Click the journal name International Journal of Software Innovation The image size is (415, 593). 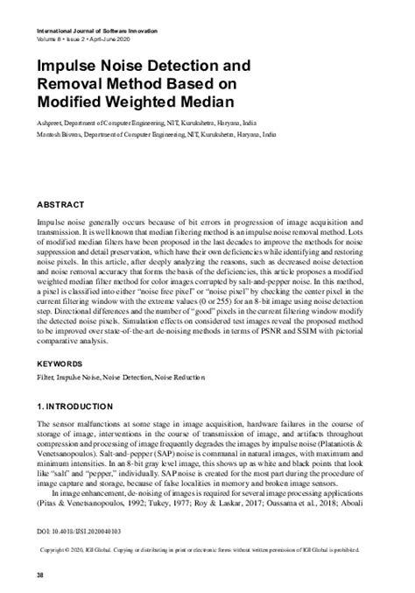coord(95,31)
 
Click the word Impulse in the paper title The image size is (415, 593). coord(72,66)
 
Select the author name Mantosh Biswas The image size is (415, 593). coord(60,136)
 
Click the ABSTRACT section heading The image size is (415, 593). coord(60,204)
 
